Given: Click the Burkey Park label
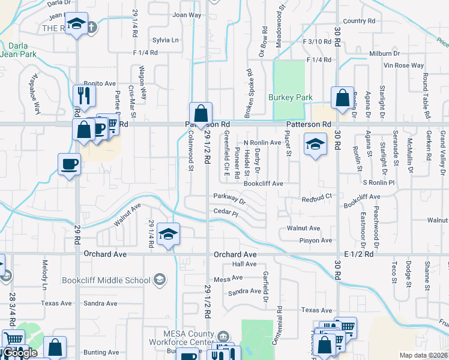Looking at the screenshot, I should coord(291,97).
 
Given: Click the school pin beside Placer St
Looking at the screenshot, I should coord(314,145).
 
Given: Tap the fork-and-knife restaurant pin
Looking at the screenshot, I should coord(83,95).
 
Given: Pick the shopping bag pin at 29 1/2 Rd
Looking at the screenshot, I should coord(200,113).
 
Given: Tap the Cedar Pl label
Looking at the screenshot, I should coord(226,212).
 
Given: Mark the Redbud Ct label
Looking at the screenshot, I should coord(317,198).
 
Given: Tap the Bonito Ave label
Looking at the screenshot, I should coord(99,83).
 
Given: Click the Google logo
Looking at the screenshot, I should coord(21,353).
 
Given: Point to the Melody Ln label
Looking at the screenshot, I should coord(44,272).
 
